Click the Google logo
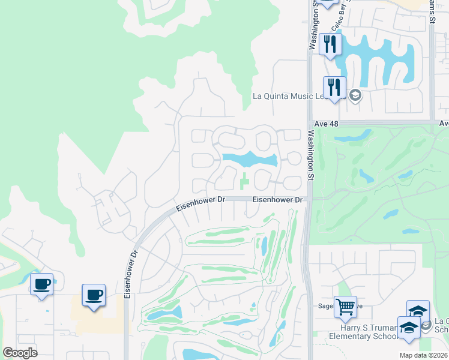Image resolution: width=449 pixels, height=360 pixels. tap(20, 353)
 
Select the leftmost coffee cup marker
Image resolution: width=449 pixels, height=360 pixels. tap(41, 285)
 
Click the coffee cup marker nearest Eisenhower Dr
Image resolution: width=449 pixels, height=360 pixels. tap(94, 296)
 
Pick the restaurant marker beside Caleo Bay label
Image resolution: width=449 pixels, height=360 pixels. tap(330, 44)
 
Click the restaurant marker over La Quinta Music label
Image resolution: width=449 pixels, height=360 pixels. tap(335, 88)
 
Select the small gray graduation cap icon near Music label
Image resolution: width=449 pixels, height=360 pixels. tap(355, 95)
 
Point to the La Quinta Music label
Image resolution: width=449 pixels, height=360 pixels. tap(283, 96)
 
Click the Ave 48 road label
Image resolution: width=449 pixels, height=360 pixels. tap(326, 124)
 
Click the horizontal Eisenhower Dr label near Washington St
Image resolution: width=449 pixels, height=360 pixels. tap(276, 199)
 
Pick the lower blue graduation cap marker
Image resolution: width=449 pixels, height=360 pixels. tap(409, 328)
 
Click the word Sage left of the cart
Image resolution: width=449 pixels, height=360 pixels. tap(326, 306)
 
